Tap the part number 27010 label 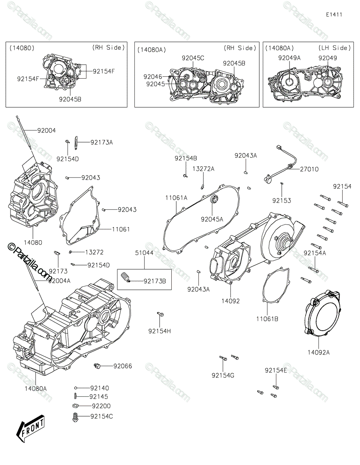pos(308,169)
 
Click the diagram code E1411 pos(334,15)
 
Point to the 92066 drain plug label pos(122,366)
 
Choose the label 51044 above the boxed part pos(144,253)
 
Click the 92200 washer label pos(101,406)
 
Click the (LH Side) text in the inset pos(334,48)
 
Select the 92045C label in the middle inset pos(193,58)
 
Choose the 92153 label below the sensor pos(281,201)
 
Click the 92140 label pos(100,388)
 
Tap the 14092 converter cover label pos(231,301)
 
